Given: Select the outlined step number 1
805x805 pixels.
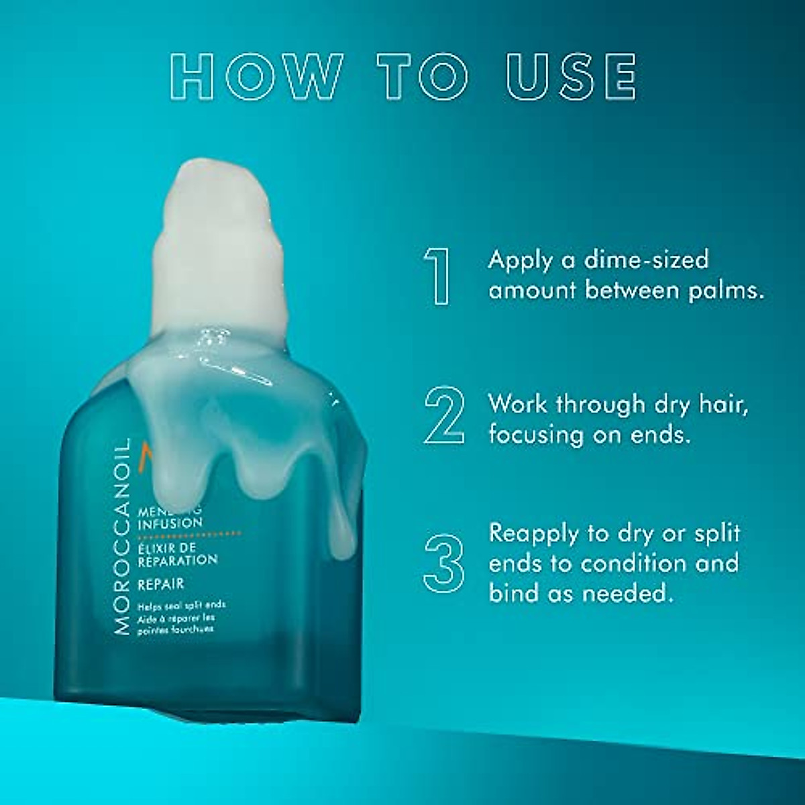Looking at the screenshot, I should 439,276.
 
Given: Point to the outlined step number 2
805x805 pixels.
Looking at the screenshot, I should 444,415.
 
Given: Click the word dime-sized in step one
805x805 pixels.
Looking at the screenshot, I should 646,260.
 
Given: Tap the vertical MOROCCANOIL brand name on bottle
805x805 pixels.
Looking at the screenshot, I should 121,537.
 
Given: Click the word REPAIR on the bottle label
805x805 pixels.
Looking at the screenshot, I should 161,584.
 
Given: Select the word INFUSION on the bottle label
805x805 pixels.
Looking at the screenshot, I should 170,523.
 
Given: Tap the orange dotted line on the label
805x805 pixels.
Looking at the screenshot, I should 189,534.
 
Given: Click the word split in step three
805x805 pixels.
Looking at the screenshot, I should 717,533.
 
